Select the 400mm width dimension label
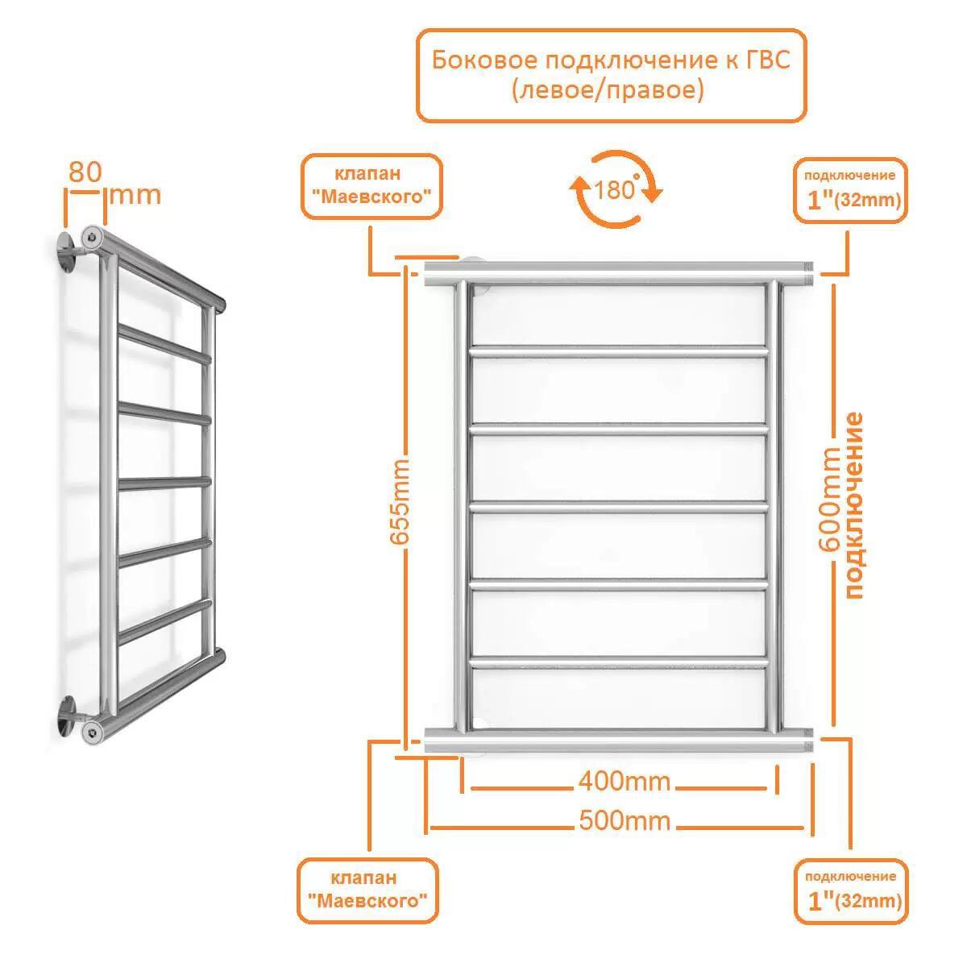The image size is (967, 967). [x=624, y=781]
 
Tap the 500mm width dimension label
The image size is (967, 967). [x=625, y=821]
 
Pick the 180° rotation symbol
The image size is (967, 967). [x=616, y=189]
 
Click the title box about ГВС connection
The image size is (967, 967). [x=610, y=75]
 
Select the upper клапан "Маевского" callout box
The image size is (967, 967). [x=371, y=186]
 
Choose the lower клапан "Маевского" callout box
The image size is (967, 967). [x=367, y=890]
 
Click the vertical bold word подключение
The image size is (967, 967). [x=854, y=504]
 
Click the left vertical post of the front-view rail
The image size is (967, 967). [x=459, y=508]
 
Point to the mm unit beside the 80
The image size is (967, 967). [x=135, y=195]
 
